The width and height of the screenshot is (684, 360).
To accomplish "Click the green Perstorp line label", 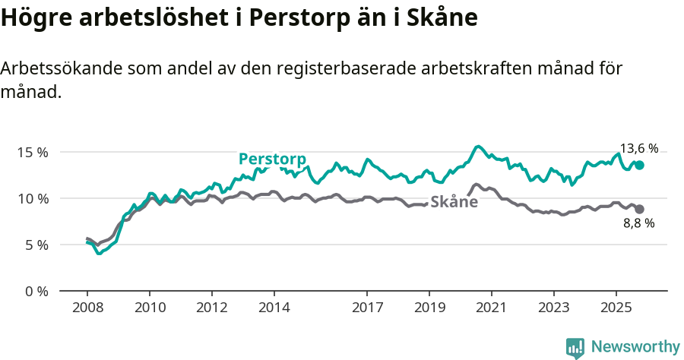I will coord(272,159).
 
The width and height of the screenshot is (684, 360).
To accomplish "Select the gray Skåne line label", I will coord(454,202).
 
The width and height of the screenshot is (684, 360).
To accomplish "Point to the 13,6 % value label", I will coord(639,148).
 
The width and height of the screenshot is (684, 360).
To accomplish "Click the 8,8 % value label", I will coord(638,223).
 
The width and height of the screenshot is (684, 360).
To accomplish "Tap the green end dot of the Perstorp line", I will coord(639,165).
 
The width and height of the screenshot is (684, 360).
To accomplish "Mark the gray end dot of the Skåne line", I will coord(639,209).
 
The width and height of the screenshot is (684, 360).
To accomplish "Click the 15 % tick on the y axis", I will coord(33,152).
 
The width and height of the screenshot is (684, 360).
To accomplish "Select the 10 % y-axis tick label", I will coord(33,198).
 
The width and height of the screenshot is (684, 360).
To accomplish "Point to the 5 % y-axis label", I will coord(36,245).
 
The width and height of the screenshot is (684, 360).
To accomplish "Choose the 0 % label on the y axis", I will coord(36,291).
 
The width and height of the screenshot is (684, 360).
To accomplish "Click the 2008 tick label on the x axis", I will coord(87,308).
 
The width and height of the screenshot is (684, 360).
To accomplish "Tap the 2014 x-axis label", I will coord(274,308).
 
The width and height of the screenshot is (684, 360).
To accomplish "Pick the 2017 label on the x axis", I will coord(367,308).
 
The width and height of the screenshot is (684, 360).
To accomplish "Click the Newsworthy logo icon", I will coord(575,348).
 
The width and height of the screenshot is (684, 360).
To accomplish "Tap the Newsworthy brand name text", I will coord(635,347).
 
